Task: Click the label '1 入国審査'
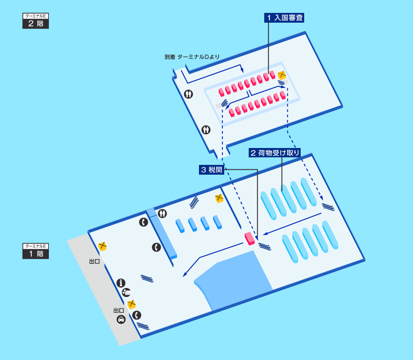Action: [x=284, y=18]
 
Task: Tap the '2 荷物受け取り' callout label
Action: [x=275, y=153]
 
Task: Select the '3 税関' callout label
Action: [x=211, y=170]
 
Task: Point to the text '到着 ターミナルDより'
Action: [x=192, y=57]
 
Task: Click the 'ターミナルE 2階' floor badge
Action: [x=36, y=21]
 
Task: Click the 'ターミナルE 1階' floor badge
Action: [x=36, y=251]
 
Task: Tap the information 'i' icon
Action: [x=121, y=283]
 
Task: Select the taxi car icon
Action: [x=121, y=320]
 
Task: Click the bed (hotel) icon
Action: [x=127, y=292]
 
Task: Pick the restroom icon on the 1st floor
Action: [x=163, y=213]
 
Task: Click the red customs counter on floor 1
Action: [x=250, y=239]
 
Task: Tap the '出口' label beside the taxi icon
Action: [x=119, y=311]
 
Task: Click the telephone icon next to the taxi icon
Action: [x=137, y=315]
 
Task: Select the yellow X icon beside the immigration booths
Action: [x=282, y=75]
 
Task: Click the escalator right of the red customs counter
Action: [x=265, y=247]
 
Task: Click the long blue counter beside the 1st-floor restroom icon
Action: [x=162, y=233]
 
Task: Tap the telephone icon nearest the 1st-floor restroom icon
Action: [x=143, y=222]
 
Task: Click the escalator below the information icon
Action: [x=147, y=278]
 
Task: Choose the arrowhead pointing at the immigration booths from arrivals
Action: [x=242, y=70]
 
